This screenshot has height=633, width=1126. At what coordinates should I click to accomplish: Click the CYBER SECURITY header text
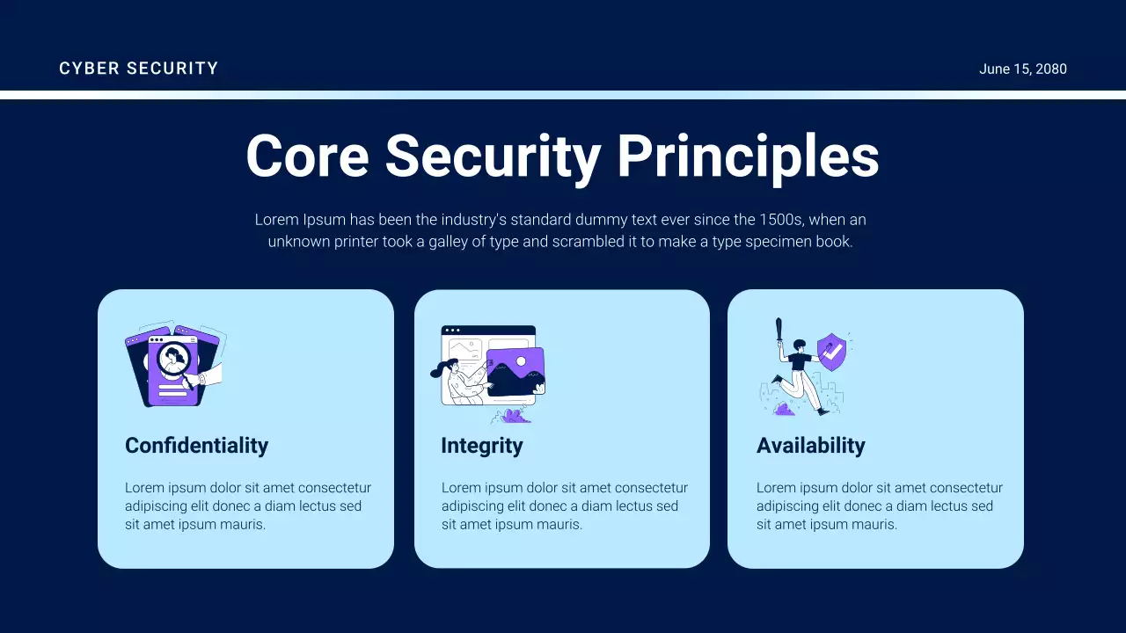[x=138, y=69]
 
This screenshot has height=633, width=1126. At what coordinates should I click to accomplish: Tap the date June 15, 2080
[x=1022, y=69]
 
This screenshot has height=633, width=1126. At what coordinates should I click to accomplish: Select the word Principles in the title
[x=748, y=156]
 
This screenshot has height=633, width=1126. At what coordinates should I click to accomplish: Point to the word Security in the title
[x=493, y=156]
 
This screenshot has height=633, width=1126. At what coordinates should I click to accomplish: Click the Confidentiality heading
[x=196, y=446]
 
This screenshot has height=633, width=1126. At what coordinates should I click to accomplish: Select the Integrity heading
[x=481, y=446]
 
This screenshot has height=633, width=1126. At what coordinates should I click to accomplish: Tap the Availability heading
[x=810, y=446]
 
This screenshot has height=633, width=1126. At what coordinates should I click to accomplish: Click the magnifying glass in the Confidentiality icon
[x=173, y=359]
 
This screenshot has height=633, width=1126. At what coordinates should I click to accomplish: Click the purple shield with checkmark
[x=831, y=352]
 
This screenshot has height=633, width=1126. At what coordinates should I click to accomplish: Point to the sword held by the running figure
[x=779, y=333]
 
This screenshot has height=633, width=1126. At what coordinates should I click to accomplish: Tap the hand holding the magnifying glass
[x=211, y=375]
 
